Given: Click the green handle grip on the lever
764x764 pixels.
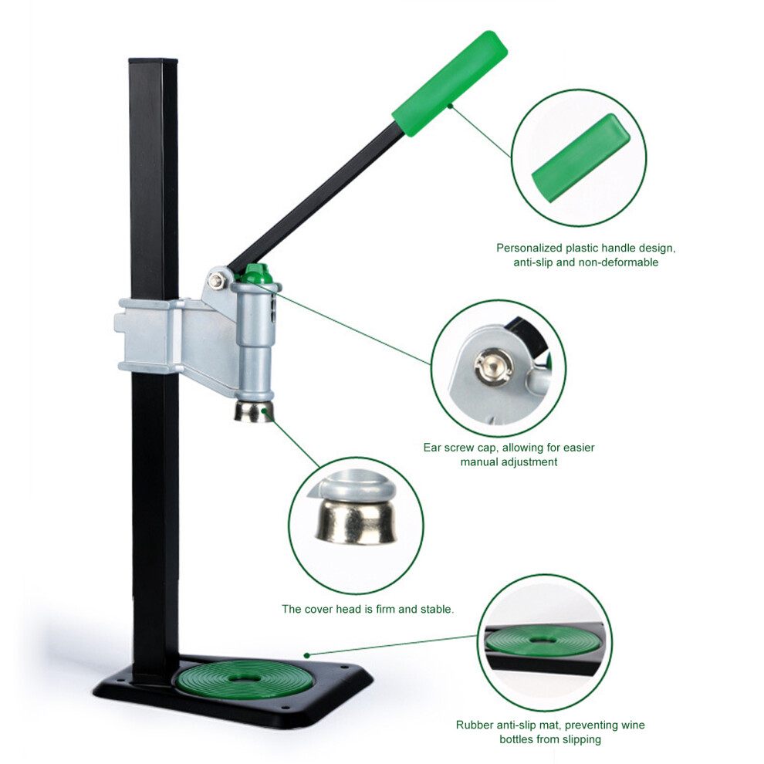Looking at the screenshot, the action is pyautogui.click(x=449, y=83).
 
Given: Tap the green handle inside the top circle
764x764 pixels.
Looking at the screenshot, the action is pyautogui.click(x=580, y=158).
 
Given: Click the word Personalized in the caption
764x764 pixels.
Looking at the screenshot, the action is pyautogui.click(x=529, y=248).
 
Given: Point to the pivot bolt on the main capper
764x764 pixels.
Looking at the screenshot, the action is pyautogui.click(x=215, y=280).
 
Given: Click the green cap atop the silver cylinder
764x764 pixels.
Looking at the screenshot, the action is pyautogui.click(x=255, y=274).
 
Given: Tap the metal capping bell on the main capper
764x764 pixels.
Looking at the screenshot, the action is pyautogui.click(x=253, y=412).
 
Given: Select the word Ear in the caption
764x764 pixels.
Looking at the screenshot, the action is pyautogui.click(x=432, y=448).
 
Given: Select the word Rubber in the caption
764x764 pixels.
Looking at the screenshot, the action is pyautogui.click(x=474, y=725).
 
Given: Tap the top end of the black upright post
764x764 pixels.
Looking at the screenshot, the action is pyautogui.click(x=153, y=61).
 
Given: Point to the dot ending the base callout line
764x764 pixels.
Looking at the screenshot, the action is pyautogui.click(x=306, y=655).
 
